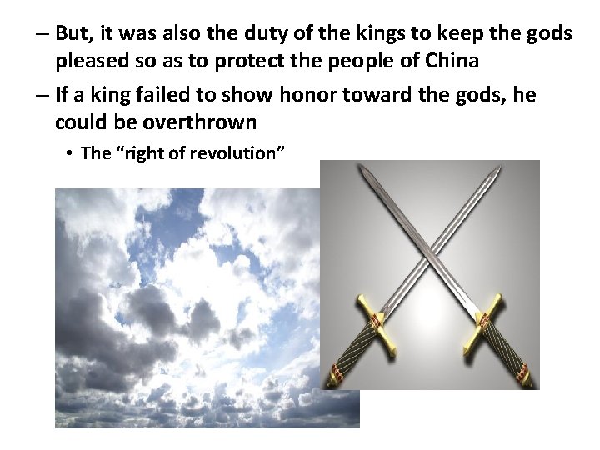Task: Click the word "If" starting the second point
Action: click(x=62, y=95)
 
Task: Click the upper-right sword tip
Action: click(x=499, y=167)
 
